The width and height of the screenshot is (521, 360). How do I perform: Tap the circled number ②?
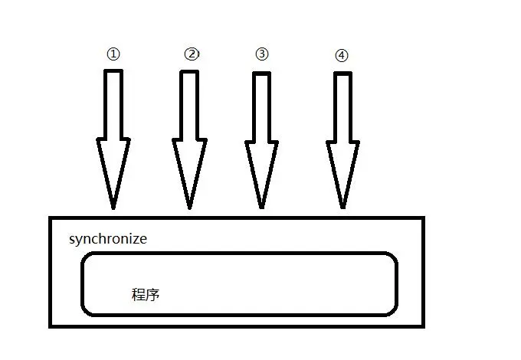point(192,54)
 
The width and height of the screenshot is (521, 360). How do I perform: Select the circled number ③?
point(262,54)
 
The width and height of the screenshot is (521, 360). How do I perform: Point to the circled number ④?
point(342,55)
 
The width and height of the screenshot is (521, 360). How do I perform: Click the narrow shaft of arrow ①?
point(113,103)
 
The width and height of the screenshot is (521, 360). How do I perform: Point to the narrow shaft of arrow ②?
point(189,103)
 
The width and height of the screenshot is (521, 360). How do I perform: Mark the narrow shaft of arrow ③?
point(262,103)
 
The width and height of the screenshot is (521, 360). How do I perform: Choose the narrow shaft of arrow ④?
point(342,103)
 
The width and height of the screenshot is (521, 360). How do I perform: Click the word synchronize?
point(108,239)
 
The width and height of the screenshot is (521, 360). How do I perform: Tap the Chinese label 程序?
point(146,294)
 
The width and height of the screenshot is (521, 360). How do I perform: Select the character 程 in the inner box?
point(139,294)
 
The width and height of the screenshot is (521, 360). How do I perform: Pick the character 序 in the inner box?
point(152,294)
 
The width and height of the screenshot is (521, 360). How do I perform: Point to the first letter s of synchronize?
point(72,239)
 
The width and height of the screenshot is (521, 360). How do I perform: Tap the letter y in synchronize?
point(78,241)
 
